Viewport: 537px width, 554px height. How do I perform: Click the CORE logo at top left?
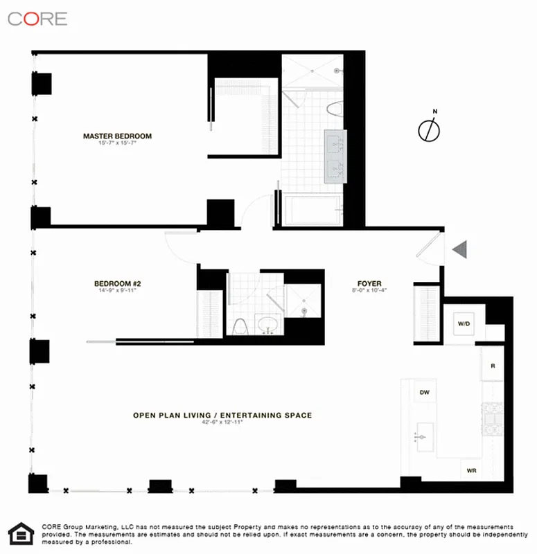37,19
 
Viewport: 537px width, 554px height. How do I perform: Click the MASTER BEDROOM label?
117,136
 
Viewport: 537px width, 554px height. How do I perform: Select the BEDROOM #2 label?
118,283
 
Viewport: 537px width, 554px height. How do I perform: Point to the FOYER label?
369,283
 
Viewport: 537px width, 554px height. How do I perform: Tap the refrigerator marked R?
492,366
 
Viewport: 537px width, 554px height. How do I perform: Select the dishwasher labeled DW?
425,393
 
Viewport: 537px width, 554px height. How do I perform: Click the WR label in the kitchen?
472,470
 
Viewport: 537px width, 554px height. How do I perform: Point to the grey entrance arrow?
460,249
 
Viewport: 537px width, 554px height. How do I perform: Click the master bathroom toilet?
337,109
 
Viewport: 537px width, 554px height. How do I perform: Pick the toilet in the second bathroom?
239,325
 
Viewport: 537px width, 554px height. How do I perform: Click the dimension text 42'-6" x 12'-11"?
222,424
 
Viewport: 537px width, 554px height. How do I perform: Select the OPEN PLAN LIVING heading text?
222,415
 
